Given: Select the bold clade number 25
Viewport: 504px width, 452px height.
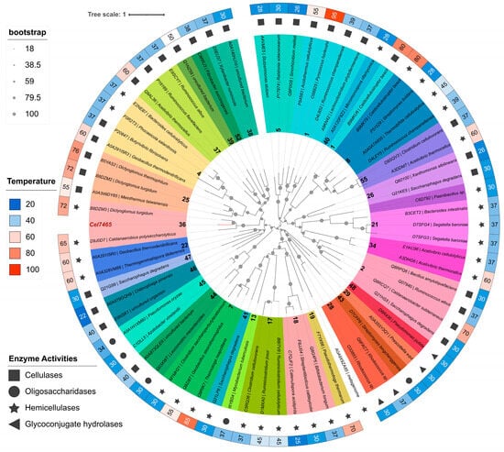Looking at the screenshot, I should [x=186, y=199].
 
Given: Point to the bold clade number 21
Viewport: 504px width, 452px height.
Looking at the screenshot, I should [x=373, y=225].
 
